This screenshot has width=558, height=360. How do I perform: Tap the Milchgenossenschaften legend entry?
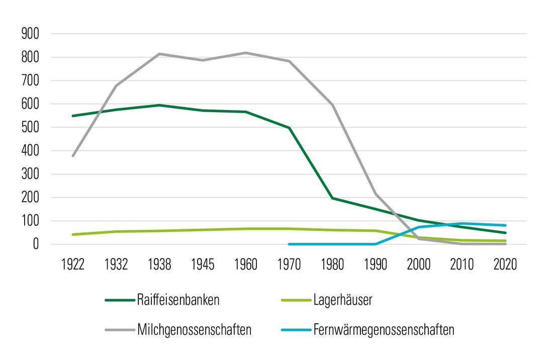click(194, 330)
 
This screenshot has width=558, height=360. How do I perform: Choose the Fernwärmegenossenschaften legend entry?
click(384, 330)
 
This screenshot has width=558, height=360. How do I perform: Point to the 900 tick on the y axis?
click(31, 34)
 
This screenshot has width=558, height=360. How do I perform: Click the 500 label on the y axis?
click(31, 128)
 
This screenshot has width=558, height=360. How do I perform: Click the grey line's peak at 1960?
click(246, 53)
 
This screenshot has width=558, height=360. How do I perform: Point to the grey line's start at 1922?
click(73, 156)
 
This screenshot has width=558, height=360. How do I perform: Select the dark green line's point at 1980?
click(332, 198)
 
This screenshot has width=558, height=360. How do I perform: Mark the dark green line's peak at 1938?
click(159, 105)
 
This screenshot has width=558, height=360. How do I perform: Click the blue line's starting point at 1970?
click(289, 244)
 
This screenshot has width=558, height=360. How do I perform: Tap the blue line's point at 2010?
click(462, 223)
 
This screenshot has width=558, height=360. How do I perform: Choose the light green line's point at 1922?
click(73, 234)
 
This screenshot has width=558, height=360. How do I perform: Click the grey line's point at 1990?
click(376, 194)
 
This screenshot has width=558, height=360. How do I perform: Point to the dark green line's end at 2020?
click(505, 233)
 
